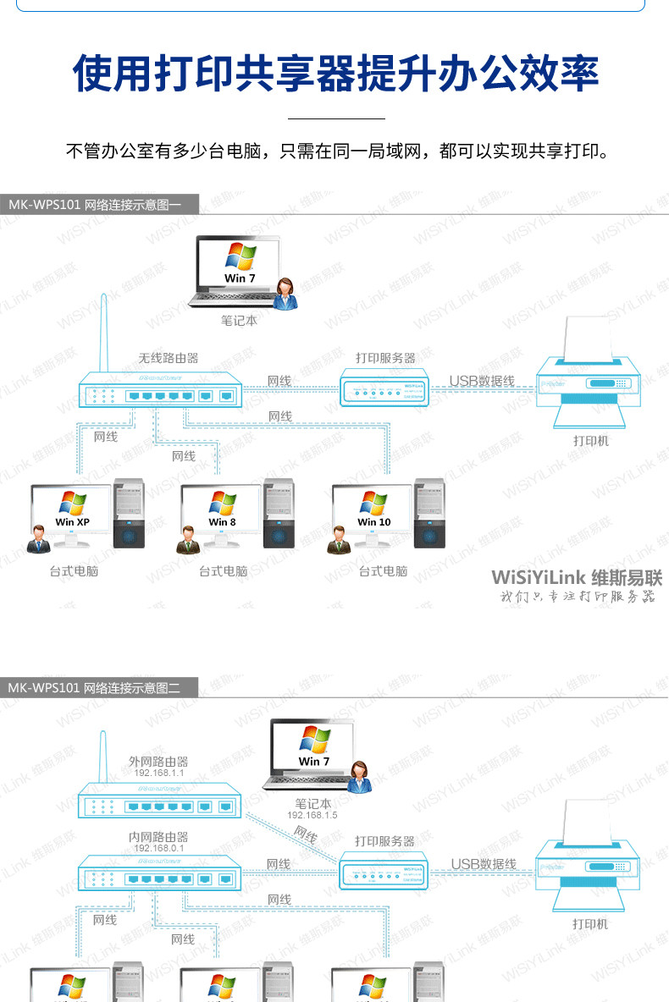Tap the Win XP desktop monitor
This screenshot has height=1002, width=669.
[x=72, y=515]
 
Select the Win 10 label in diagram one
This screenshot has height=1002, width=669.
[x=373, y=522]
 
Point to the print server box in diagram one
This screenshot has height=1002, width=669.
[x=387, y=390]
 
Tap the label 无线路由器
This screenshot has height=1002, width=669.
[x=169, y=358]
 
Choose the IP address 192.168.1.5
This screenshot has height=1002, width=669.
[x=312, y=815]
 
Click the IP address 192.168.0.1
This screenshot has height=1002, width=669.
[x=158, y=848]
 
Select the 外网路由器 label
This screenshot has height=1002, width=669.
[x=158, y=762]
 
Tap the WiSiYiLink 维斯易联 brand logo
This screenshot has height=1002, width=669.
[x=577, y=578]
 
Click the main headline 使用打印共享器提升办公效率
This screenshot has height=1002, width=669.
[x=334, y=74]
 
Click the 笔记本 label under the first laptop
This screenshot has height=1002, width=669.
[x=239, y=321]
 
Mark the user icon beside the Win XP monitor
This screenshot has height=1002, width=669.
[x=37, y=539]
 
